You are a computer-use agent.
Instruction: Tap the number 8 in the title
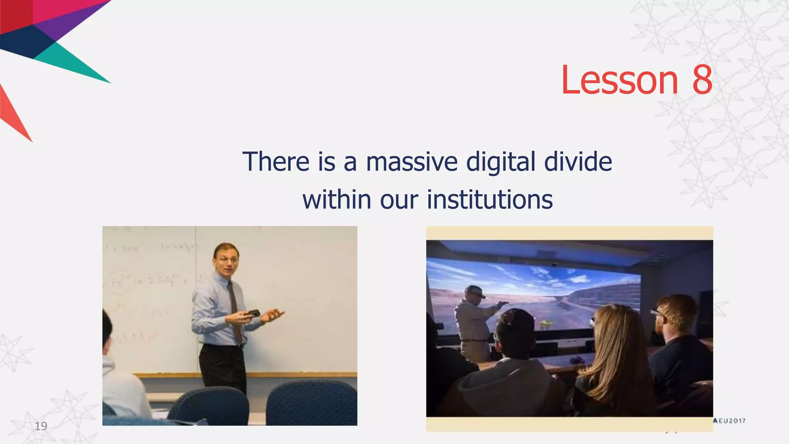point(702,80)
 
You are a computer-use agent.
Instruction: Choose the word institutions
point(490,200)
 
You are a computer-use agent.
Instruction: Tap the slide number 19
point(41,426)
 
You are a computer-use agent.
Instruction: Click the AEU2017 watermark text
point(729,421)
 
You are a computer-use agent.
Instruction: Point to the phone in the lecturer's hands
point(252,313)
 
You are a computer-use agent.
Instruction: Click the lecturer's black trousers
point(223,366)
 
